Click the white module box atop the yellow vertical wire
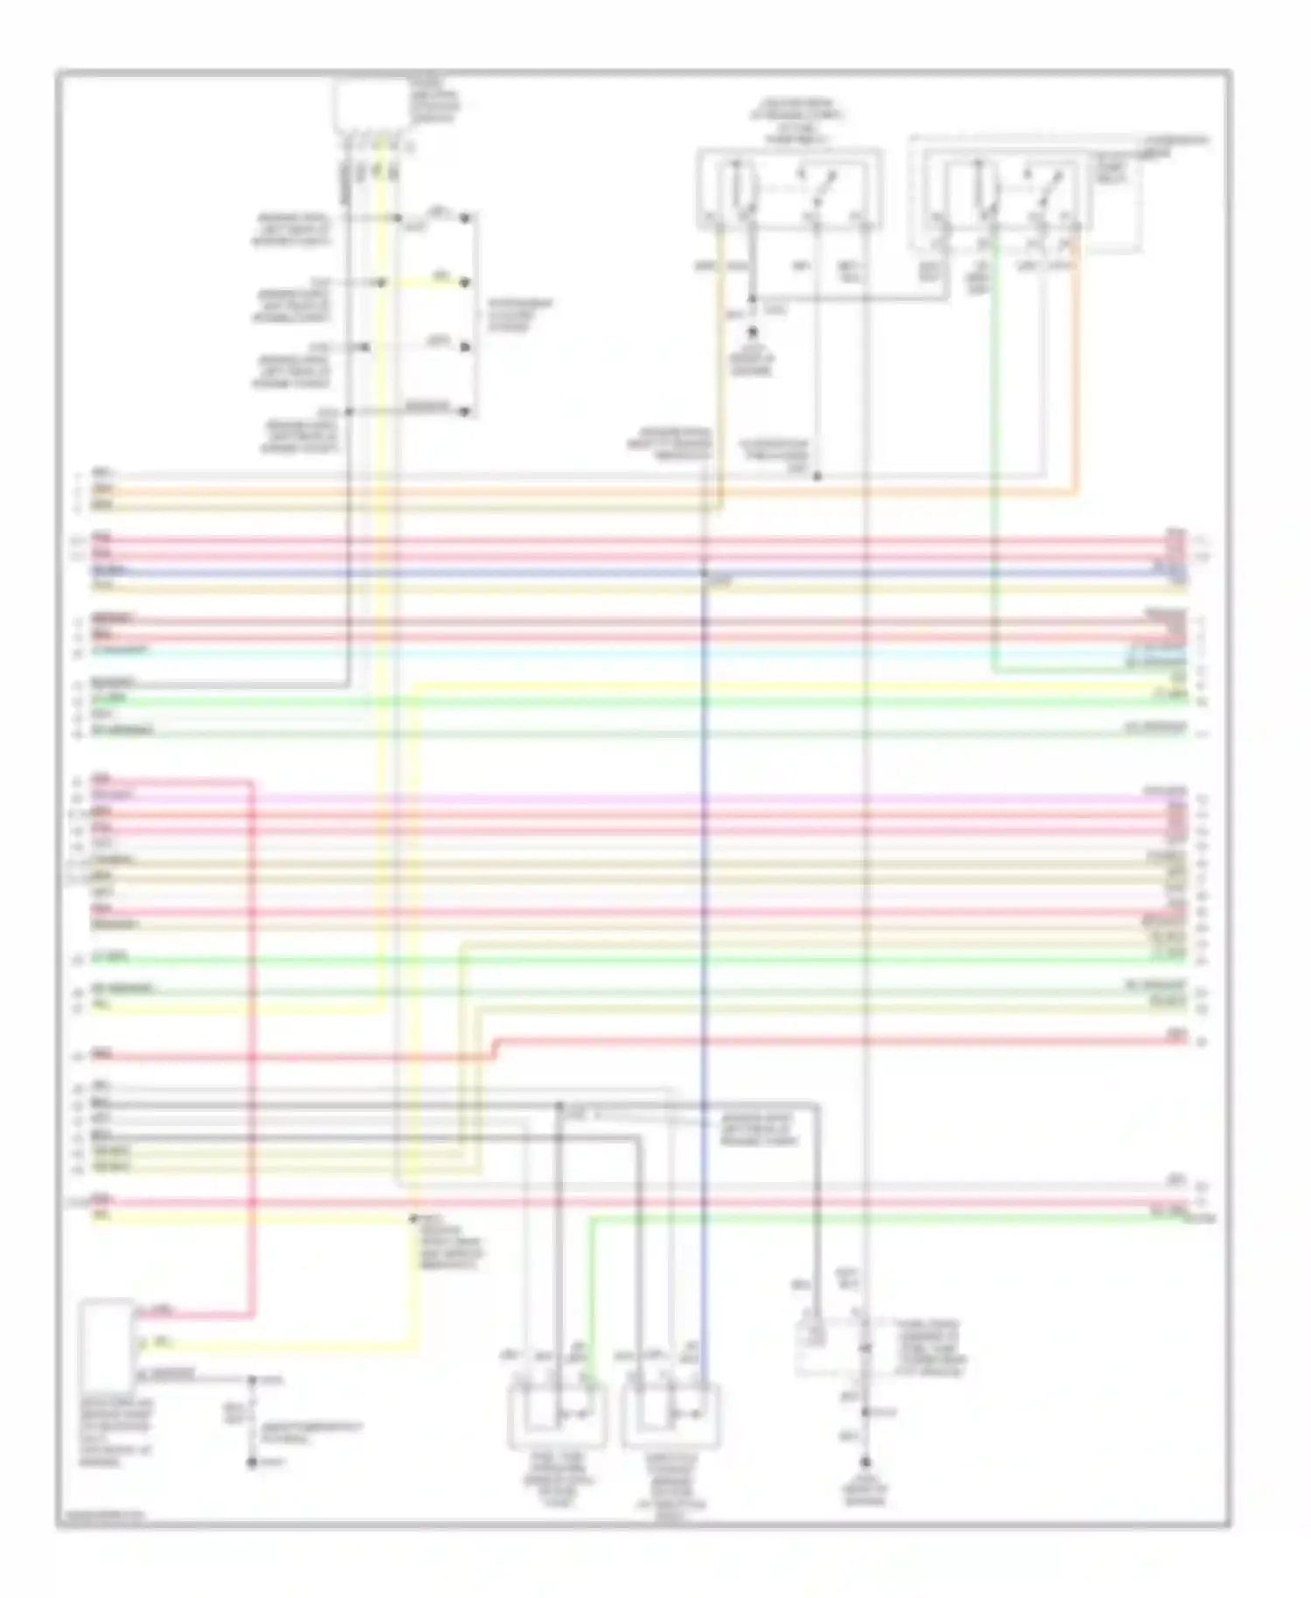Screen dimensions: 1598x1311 [371, 107]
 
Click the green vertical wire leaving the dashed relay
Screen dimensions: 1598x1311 [993, 437]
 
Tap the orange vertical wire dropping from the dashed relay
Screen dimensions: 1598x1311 [1076, 367]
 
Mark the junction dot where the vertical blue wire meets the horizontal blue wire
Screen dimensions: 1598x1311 [704, 573]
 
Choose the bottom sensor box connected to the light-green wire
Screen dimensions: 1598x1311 [556, 1415]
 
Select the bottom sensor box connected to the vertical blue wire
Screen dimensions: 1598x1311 [671, 1415]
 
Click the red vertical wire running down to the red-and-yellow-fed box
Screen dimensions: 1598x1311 [253, 1049]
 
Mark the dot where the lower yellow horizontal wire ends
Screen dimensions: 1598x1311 [413, 1218]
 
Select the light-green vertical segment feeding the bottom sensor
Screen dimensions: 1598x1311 [590, 1294]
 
